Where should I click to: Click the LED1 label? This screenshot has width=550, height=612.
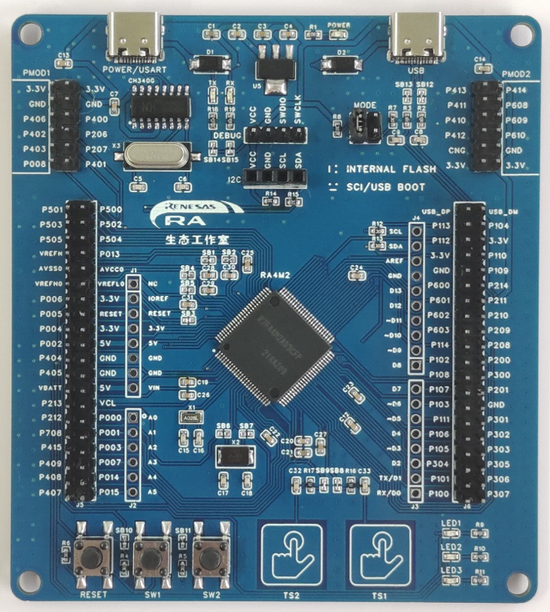[451, 524]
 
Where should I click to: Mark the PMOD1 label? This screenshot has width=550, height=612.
[34, 73]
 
